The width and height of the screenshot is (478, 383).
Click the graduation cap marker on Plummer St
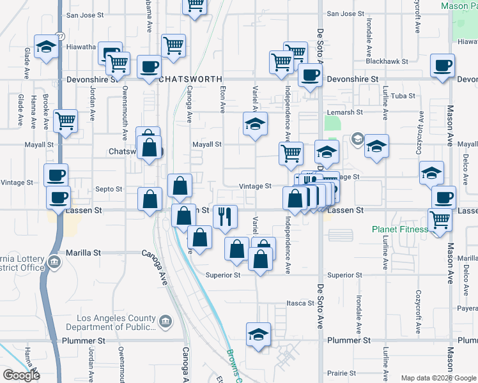click(258, 334)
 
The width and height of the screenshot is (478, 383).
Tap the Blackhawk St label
click(387, 62)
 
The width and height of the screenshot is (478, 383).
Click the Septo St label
click(108, 189)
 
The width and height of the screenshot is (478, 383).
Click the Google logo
click(21, 375)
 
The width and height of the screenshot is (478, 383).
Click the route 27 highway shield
click(59, 36)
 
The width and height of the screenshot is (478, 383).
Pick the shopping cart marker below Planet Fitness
click(440, 220)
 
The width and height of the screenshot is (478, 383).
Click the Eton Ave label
click(222, 100)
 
